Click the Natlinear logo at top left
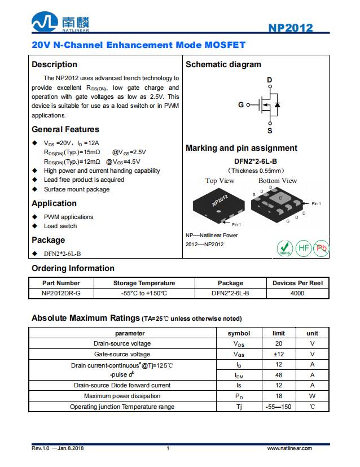click(x=60, y=23)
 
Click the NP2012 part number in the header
click(x=290, y=28)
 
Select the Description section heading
click(x=54, y=64)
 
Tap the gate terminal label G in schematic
click(x=241, y=105)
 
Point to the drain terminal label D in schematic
click(x=270, y=81)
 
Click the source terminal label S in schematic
click(x=270, y=130)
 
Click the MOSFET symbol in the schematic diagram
click(x=268, y=106)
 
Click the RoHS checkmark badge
click(x=285, y=248)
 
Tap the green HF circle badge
click(x=304, y=248)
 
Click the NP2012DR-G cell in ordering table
click(x=61, y=293)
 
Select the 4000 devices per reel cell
click(x=297, y=293)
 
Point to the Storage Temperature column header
click(x=144, y=283)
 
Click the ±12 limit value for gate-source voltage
click(x=279, y=354)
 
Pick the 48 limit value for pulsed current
click(x=279, y=375)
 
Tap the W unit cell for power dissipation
click(x=312, y=396)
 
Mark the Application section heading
click(x=54, y=203)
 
